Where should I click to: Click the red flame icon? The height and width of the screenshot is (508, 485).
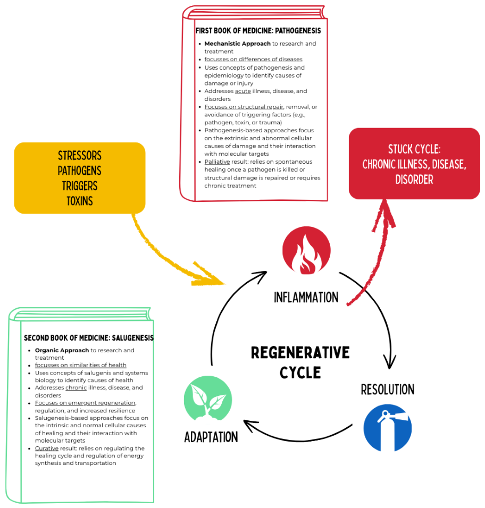[306, 250]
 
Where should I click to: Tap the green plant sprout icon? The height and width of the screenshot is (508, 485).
[208, 399]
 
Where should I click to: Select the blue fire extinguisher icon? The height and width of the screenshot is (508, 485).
[388, 428]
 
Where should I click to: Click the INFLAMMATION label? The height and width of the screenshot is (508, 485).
[306, 297]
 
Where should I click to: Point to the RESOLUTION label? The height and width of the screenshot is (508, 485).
[388, 390]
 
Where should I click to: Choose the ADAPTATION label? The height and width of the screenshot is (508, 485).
[211, 437]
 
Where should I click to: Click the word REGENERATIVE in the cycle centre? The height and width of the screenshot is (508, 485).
[300, 352]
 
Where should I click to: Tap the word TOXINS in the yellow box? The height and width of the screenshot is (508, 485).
[80, 201]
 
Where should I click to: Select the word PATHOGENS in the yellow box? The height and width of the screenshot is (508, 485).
[80, 171]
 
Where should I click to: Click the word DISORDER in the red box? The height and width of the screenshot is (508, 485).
[414, 179]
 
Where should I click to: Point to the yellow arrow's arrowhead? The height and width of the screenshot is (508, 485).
[209, 275]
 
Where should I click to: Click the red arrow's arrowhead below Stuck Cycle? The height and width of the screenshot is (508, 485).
[385, 214]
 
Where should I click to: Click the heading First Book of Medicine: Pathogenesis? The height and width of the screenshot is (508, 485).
[258, 30]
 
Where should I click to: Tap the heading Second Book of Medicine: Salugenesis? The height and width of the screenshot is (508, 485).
[89, 338]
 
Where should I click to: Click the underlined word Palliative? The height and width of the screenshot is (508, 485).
[217, 162]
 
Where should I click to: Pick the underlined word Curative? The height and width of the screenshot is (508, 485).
[47, 448]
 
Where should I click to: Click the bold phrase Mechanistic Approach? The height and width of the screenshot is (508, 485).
[237, 44]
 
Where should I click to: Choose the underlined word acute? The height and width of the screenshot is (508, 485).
[243, 91]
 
